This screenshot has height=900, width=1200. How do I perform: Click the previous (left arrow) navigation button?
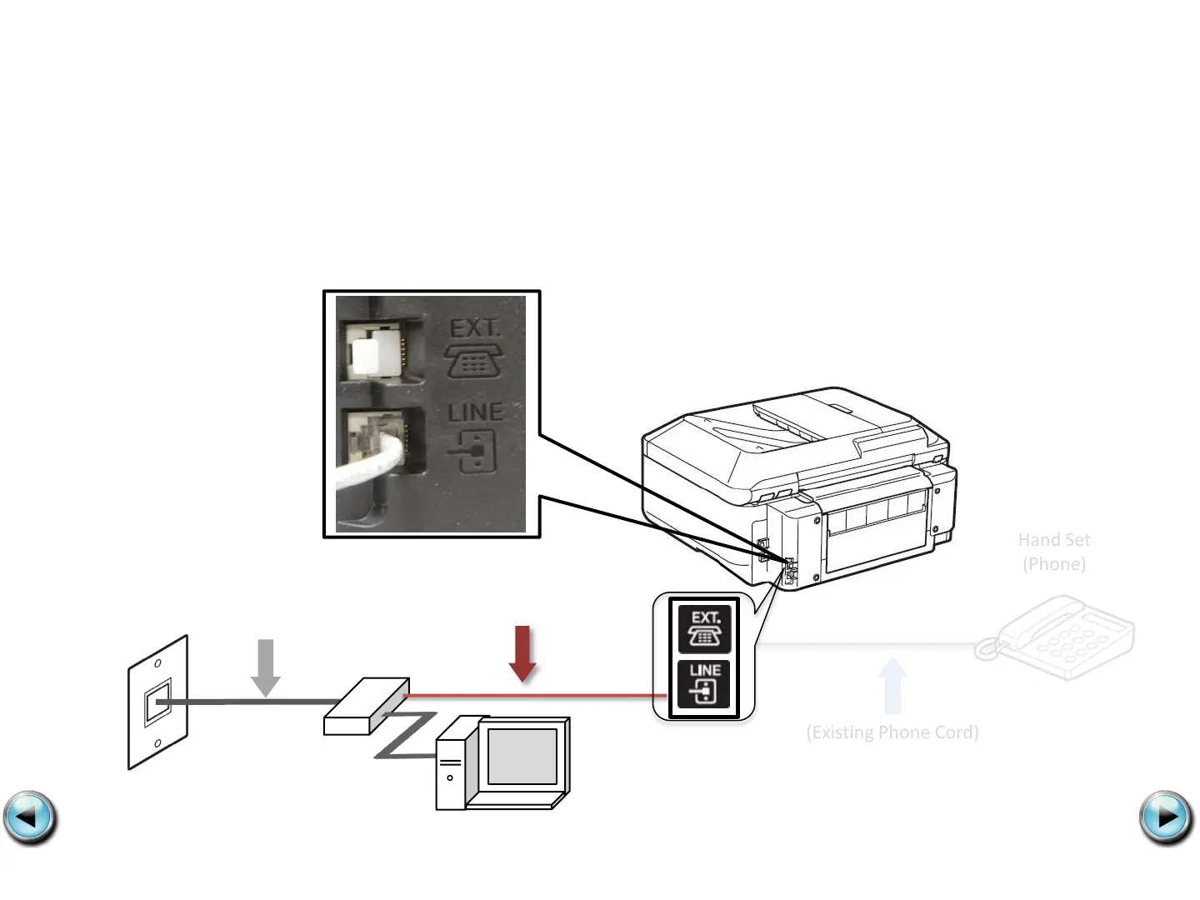(30, 817)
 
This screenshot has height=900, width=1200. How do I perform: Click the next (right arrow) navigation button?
(1166, 817)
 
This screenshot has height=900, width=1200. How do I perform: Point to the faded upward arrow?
(892, 685)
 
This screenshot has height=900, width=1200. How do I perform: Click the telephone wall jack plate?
(157, 702)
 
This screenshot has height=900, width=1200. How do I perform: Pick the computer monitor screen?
(522, 756)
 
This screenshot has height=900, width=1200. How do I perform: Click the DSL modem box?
(366, 707)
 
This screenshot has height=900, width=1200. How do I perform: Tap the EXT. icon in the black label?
(704, 628)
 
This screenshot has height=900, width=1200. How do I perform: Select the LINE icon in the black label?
(704, 684)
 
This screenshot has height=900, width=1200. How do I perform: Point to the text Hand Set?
(1053, 540)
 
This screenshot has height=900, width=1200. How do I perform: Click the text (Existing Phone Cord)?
(892, 732)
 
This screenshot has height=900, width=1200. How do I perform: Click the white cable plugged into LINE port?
(367, 467)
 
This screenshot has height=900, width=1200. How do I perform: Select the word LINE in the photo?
(475, 412)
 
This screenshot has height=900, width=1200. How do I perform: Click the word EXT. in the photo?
(475, 328)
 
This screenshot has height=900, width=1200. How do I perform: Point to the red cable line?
(533, 695)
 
